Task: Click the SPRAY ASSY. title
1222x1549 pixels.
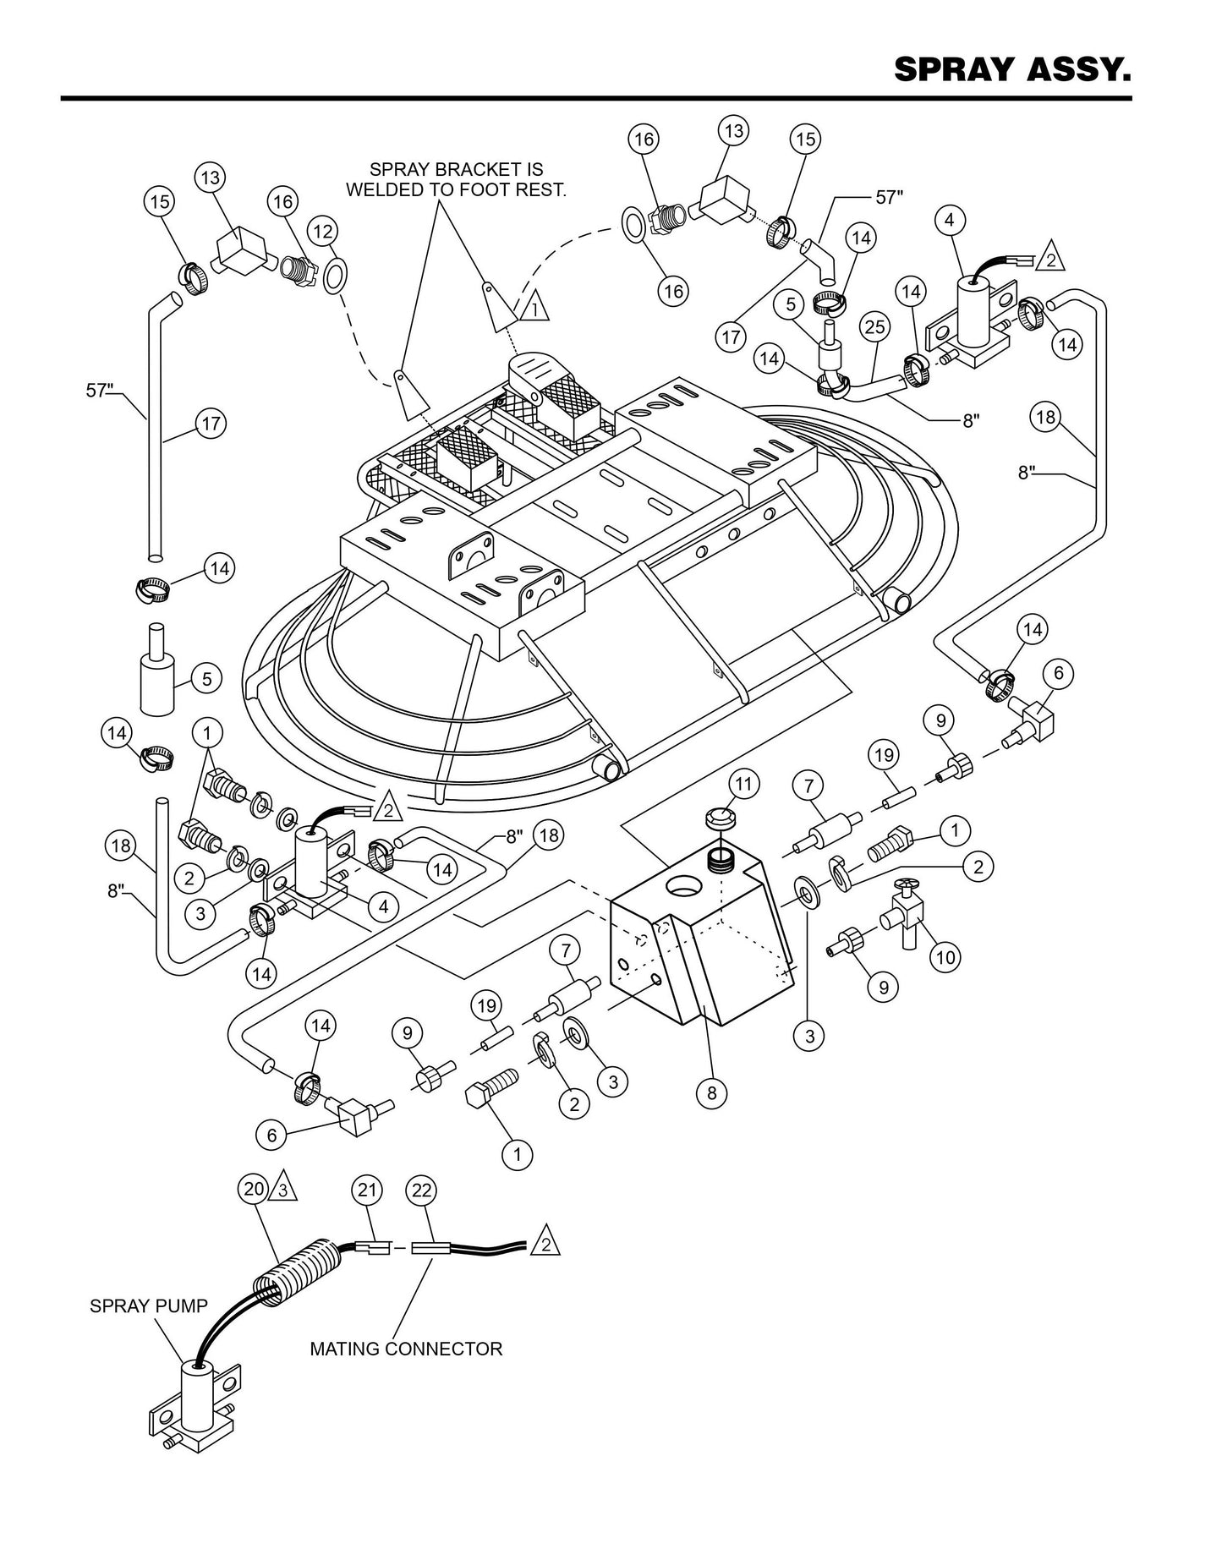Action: [1012, 70]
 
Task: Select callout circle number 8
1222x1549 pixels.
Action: [711, 1092]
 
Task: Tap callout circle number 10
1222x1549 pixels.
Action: [945, 956]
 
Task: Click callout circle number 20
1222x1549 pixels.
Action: [254, 1189]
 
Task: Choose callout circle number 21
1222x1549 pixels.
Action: [366, 1190]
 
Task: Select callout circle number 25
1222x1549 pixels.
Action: [875, 326]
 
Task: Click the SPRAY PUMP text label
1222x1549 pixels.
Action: [148, 1306]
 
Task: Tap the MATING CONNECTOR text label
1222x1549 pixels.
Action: [406, 1349]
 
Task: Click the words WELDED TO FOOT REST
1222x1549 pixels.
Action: [456, 190]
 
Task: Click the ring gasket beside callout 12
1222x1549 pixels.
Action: [335, 275]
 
